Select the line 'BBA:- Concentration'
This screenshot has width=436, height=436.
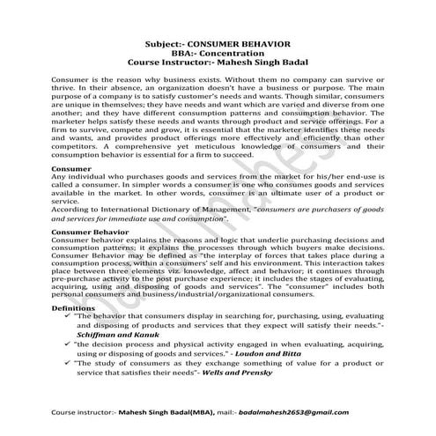(218, 53)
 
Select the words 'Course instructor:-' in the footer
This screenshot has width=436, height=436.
(83, 411)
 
